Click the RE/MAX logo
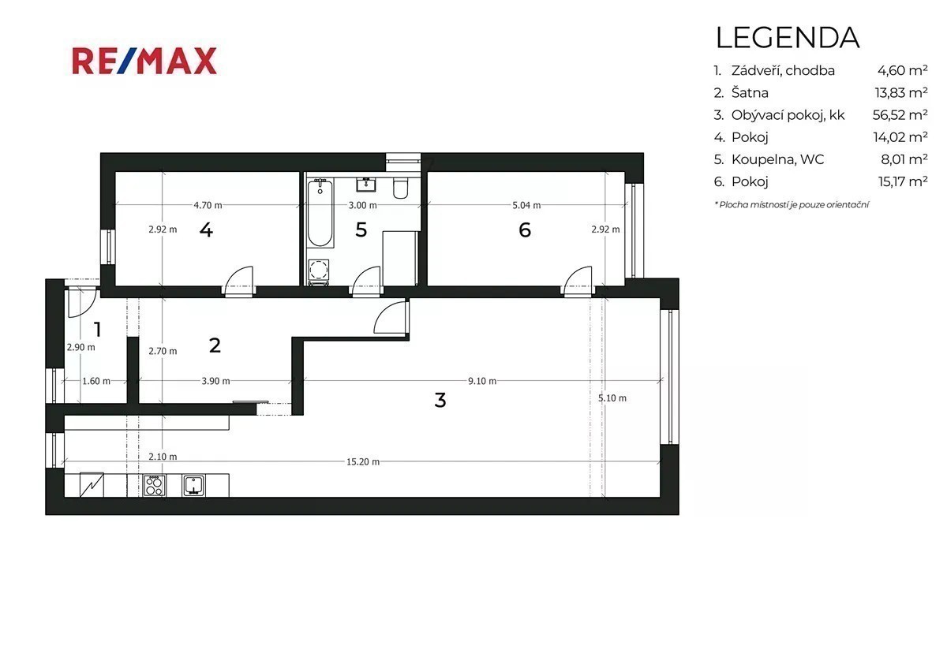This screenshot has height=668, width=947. (x=144, y=62)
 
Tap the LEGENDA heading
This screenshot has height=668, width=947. (x=788, y=38)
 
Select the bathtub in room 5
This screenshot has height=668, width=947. (x=320, y=213)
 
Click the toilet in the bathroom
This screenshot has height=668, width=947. (x=400, y=188)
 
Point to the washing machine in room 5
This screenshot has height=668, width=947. (x=318, y=270)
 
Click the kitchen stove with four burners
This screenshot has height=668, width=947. (x=154, y=485)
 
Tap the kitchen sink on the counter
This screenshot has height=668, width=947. (x=193, y=485)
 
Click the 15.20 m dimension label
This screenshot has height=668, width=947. (x=363, y=462)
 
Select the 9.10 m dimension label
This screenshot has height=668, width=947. (x=482, y=381)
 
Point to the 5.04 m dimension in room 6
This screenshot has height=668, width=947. (x=526, y=205)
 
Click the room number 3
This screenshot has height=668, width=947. (x=440, y=400)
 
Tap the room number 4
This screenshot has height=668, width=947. (x=206, y=230)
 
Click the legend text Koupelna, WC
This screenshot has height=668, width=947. (x=777, y=159)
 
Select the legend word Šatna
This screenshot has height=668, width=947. (x=750, y=92)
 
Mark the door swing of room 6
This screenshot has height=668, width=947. (x=577, y=279)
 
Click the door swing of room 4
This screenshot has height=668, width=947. (x=239, y=279)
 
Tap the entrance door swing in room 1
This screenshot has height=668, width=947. (x=82, y=303)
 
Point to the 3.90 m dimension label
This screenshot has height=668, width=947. (x=215, y=381)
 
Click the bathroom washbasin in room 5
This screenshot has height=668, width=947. (x=365, y=185)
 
